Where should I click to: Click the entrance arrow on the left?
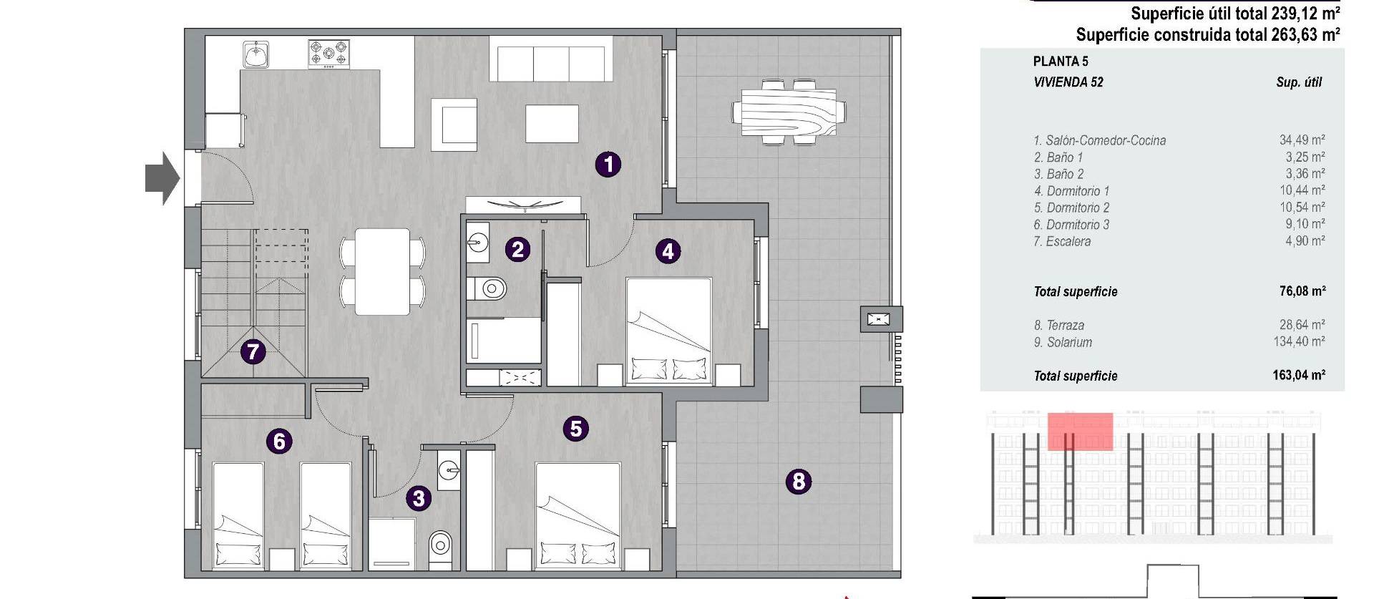click(162, 178)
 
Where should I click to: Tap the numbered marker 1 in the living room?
click(608, 165)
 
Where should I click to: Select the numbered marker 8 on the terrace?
click(799, 482)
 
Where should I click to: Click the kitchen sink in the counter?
click(255, 54)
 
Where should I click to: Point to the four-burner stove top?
click(329, 53)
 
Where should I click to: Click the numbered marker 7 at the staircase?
click(253, 352)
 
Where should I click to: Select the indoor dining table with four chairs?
click(383, 271)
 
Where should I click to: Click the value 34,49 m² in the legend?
click(1302, 140)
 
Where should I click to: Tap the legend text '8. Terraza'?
click(1058, 325)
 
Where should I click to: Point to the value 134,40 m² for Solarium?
click(1298, 342)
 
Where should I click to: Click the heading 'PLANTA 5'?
click(1061, 62)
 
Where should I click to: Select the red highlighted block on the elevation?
click(1080, 431)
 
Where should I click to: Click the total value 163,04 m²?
click(1298, 375)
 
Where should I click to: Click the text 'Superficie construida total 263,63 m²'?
click(1207, 34)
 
